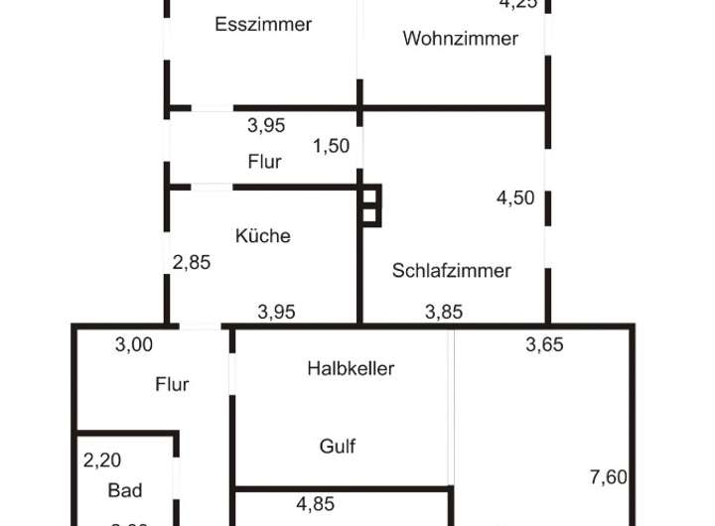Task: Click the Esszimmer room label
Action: (263, 25)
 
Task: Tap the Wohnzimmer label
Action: (460, 39)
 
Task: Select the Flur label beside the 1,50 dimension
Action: (264, 161)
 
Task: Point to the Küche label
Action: (263, 236)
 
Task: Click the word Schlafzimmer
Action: (451, 270)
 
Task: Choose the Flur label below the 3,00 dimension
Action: (172, 384)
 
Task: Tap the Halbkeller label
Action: (351, 368)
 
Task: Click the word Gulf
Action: (338, 447)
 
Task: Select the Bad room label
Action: (125, 490)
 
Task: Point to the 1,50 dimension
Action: (331, 146)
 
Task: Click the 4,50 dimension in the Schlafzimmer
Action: (515, 197)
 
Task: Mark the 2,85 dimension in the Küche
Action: (192, 263)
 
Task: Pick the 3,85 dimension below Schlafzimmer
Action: (444, 312)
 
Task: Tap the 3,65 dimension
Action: (544, 345)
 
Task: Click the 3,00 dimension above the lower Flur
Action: (134, 345)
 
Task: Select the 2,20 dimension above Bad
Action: (101, 460)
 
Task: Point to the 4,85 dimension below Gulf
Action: (315, 503)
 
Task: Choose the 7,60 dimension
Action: (608, 477)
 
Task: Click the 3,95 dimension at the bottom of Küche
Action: (276, 312)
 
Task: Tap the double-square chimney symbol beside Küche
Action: (370, 205)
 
